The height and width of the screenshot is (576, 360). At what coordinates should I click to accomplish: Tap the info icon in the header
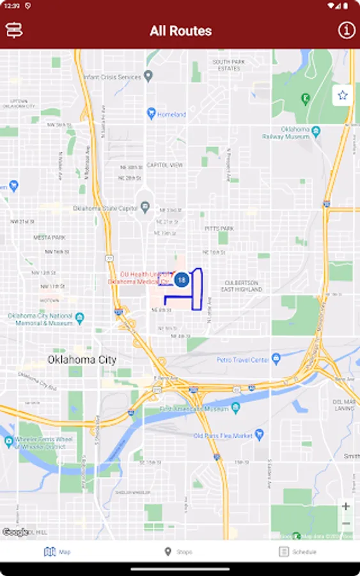click(x=346, y=30)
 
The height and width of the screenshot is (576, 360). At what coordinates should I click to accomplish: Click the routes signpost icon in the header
click(x=14, y=30)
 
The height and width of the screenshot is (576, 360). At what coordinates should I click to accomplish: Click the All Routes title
click(x=180, y=31)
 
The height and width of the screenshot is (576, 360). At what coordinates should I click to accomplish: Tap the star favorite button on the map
click(x=343, y=95)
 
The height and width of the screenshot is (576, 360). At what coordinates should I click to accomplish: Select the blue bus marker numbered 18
click(x=182, y=279)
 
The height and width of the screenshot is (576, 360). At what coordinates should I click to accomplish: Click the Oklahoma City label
click(x=82, y=360)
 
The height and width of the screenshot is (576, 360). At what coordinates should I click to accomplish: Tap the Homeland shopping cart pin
click(x=151, y=113)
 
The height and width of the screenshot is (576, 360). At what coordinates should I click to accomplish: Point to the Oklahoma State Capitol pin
click(x=145, y=207)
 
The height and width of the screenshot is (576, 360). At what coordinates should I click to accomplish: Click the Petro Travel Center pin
click(x=276, y=358)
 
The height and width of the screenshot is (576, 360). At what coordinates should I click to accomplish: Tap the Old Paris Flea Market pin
click(x=259, y=435)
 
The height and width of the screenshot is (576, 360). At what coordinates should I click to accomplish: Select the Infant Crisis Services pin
click(x=148, y=76)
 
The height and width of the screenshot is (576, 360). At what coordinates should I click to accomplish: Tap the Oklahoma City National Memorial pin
click(x=79, y=317)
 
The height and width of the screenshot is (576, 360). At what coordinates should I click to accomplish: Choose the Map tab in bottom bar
click(x=58, y=552)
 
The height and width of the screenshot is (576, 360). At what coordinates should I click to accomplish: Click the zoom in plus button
click(x=345, y=506)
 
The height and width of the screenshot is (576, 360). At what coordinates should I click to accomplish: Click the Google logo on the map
click(x=15, y=532)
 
